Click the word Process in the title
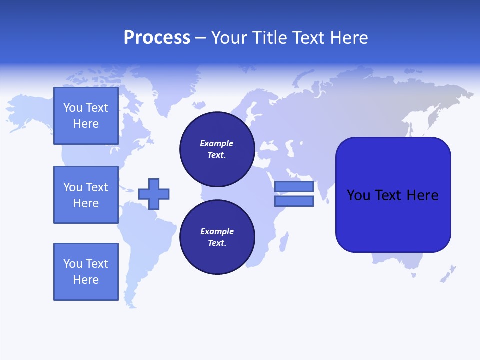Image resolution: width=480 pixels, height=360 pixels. pos(157,38)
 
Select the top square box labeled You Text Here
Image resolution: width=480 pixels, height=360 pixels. pos(86,116)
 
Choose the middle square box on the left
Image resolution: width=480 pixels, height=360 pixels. pos(86,195)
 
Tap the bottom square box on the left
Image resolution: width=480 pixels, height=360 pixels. pos(86,272)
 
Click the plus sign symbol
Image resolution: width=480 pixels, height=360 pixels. pos(154,194)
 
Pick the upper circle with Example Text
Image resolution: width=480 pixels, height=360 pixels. pos(217,149)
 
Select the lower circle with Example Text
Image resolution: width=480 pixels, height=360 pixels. pos(217,237)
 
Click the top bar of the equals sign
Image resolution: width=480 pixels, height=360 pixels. pos(294,187)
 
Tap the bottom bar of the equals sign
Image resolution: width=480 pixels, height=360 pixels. pos(294,201)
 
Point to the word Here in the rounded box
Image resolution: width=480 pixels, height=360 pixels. pos(422,195)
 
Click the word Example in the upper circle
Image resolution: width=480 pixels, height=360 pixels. pos(217,143)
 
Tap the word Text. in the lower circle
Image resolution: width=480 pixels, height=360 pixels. pos(217,243)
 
